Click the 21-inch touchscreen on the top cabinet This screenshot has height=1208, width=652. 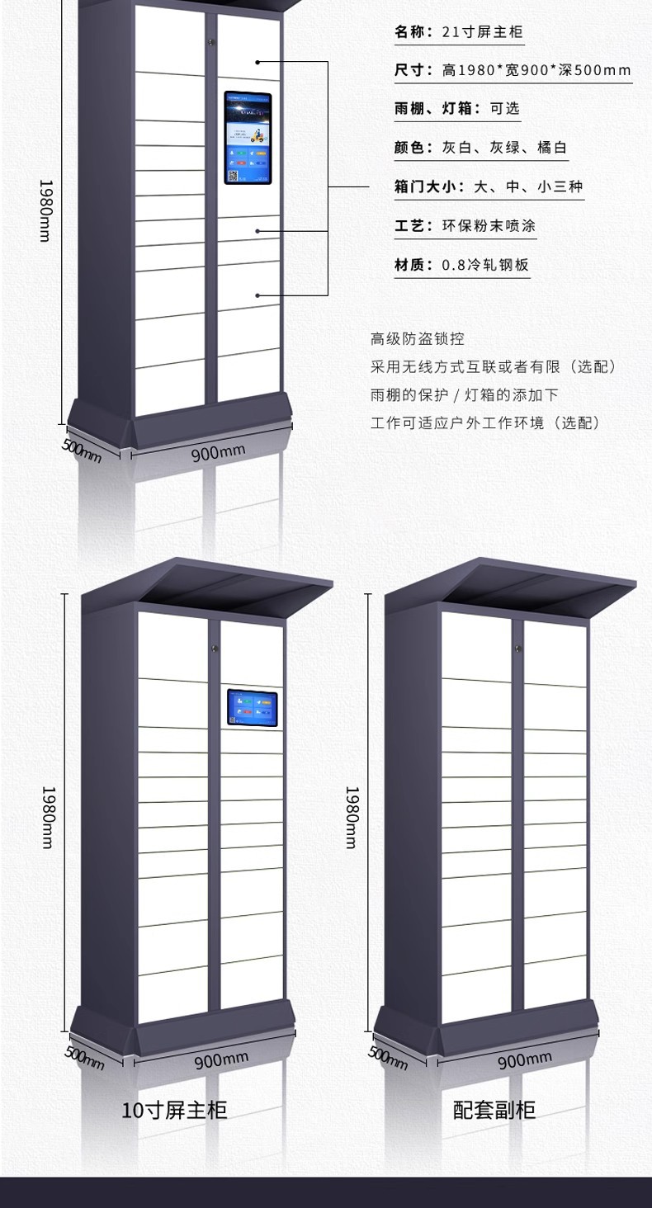(248, 138)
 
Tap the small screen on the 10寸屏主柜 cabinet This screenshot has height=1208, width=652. (252, 708)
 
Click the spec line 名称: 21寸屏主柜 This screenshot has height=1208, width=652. (458, 32)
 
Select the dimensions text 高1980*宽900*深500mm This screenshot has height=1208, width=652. (536, 70)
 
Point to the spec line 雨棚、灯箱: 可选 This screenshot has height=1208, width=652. (456, 108)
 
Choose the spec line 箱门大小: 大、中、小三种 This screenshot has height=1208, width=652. (488, 186)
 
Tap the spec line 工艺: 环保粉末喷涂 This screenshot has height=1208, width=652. (465, 225)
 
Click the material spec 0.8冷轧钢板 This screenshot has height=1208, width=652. (485, 265)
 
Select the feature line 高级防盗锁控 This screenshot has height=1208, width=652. (418, 338)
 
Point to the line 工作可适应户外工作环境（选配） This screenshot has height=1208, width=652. (485, 422)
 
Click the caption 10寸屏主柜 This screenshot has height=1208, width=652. (174, 1110)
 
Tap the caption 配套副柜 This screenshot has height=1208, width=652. (494, 1110)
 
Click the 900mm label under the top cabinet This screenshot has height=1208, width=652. (219, 452)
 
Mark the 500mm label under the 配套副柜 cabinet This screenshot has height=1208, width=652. (387, 1057)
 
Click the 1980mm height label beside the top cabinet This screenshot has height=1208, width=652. (46, 210)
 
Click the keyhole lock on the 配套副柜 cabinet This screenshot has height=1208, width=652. (517, 649)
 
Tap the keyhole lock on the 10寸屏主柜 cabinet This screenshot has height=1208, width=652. (214, 649)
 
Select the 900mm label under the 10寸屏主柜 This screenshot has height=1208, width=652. (221, 1059)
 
